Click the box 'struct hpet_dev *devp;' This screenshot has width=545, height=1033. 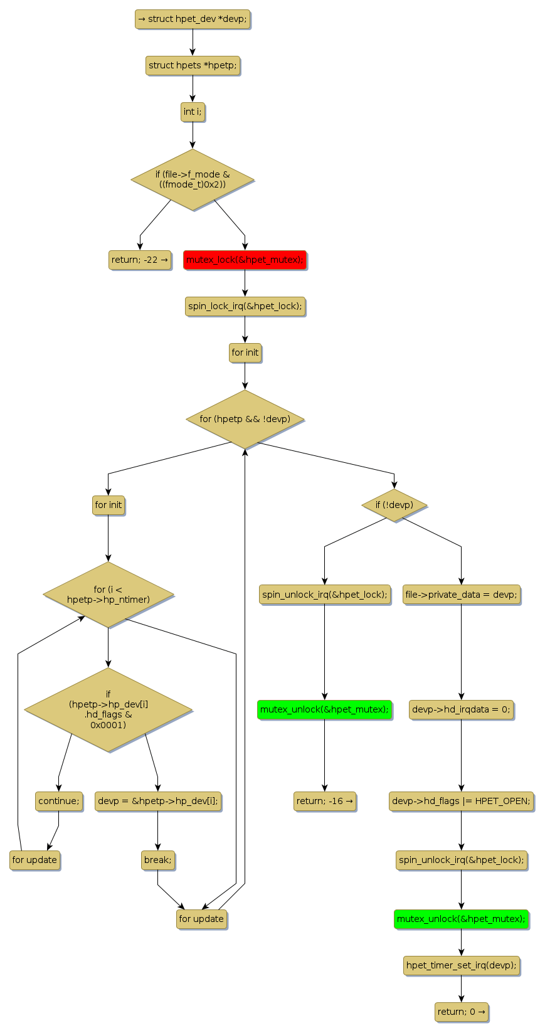[x=192, y=19]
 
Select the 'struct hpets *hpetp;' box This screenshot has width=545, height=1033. [x=193, y=65]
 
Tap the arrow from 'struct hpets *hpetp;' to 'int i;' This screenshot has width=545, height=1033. [x=193, y=88]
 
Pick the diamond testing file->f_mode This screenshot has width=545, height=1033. [x=193, y=179]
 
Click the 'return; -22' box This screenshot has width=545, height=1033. [x=139, y=260]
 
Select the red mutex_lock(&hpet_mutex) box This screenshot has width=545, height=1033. [x=245, y=260]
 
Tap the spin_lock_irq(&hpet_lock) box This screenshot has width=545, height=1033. [x=245, y=306]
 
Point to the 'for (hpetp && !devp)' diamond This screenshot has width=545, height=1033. [x=245, y=419]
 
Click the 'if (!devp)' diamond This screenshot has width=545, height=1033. [x=394, y=505]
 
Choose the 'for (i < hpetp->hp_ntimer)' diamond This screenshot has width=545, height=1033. [x=108, y=594]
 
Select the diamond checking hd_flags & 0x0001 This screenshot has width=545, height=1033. [x=108, y=709]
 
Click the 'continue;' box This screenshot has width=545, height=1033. [x=59, y=801]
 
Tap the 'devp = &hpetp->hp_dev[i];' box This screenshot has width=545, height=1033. [x=158, y=801]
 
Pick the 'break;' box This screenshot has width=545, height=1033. [x=157, y=860]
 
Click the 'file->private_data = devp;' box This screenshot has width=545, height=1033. [x=461, y=595]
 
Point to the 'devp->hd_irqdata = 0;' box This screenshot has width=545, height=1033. [x=461, y=709]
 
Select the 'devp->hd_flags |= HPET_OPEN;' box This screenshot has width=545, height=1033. [x=461, y=801]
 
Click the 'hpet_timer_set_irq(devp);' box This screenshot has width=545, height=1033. [x=461, y=965]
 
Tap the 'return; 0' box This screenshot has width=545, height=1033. [x=461, y=1012]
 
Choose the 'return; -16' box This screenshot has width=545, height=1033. [x=324, y=801]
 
